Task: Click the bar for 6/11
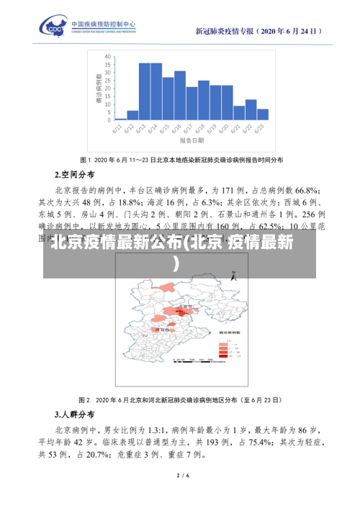pos(121,119)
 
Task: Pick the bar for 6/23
pos(263,114)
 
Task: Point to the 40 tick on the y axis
pos(107,55)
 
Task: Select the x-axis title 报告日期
pos(192,142)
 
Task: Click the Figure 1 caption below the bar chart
pos(181,159)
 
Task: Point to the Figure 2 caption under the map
pos(181,399)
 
